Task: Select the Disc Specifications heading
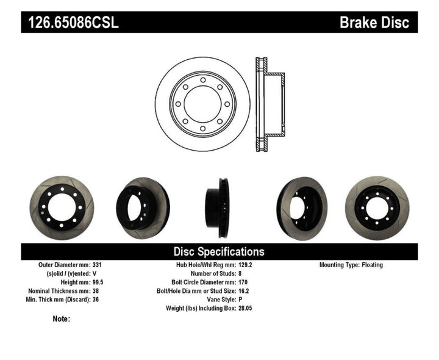point(219,251)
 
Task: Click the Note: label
point(62,319)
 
